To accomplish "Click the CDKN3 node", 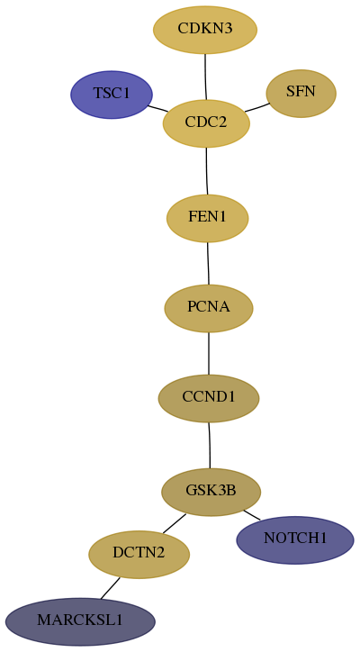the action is tap(205, 30).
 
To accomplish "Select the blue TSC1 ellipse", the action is tap(112, 95).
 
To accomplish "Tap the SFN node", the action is tap(301, 94).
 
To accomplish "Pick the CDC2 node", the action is tap(206, 123).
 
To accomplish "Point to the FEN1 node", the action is tap(207, 218).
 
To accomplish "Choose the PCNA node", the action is tap(209, 308).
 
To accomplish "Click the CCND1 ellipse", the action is tap(209, 398).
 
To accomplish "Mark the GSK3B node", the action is tap(211, 492).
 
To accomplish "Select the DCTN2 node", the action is tap(139, 554).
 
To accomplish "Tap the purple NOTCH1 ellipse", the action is tap(295, 540).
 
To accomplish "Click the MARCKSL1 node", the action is tap(80, 621).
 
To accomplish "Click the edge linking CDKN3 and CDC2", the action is tap(205, 77).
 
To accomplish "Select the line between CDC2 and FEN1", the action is tap(207, 171).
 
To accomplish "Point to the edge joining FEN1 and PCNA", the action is tap(208, 263).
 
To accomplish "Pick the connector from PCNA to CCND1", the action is tap(209, 353).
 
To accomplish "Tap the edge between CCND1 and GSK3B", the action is tap(210, 446).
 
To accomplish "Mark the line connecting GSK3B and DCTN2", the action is tap(175, 523).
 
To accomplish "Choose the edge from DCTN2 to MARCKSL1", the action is tap(110, 588).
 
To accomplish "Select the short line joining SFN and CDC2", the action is tap(257, 107).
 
